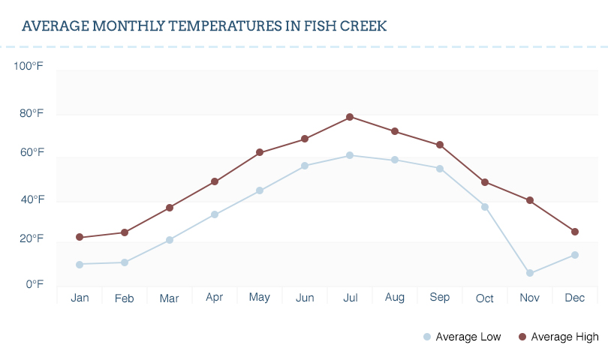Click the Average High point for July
pos(350,117)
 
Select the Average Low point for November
pos(530,273)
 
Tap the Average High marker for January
pos(80,237)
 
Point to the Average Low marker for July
pos(350,155)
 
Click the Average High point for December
pos(575,232)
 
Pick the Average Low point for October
pos(485,207)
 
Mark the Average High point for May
pos(260,152)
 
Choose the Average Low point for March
pos(170,240)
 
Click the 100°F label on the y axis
pos(29,67)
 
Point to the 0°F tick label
pos(35,285)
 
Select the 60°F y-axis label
pos(31,153)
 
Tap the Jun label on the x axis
pos(305,298)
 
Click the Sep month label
pos(440,298)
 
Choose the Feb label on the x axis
pos(125,298)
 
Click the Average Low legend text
pos(468,337)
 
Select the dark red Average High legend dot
pos(522,337)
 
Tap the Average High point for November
pos(530,200)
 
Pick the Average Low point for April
pos(215,214)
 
